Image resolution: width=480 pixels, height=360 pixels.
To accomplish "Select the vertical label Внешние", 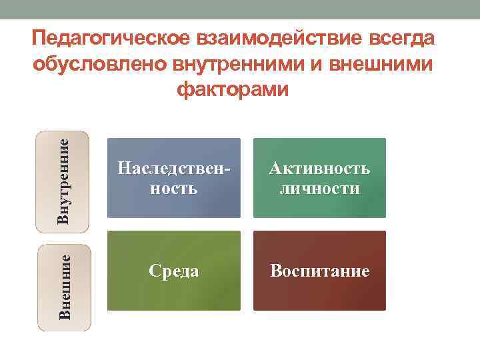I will [64, 287].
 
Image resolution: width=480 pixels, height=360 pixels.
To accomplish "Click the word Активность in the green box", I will [319, 169].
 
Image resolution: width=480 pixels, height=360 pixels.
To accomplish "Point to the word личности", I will [319, 189].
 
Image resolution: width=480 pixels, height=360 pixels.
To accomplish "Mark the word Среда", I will [173, 271].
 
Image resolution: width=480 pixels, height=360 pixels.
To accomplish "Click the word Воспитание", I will [319, 271].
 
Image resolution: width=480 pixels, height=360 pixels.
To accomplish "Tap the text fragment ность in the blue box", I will [173, 189].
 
